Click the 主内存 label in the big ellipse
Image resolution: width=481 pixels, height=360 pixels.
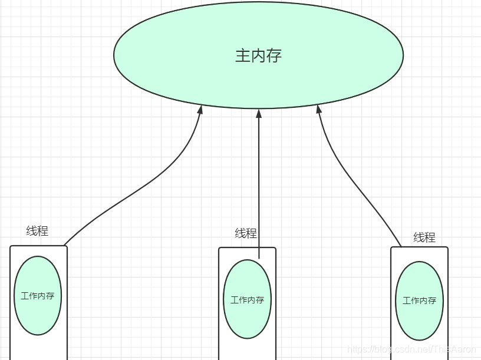[258, 55]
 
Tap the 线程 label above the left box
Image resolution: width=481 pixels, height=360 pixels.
[37, 231]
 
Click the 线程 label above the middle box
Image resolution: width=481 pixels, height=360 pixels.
[246, 233]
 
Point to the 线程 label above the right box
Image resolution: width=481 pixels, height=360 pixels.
[424, 237]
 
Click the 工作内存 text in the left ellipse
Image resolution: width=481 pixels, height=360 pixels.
[38, 296]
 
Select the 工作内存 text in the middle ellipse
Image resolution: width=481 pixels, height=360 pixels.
[248, 300]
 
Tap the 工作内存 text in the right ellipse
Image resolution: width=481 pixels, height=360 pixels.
[419, 300]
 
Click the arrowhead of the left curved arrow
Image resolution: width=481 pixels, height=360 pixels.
[201, 110]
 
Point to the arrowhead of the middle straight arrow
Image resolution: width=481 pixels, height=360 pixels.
[258, 113]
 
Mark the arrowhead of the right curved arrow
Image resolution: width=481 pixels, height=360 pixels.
[319, 110]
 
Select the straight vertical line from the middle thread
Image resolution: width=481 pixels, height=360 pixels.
[258, 189]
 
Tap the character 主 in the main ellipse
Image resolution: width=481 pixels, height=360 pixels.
[242, 55]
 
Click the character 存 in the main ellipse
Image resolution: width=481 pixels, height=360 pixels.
[274, 55]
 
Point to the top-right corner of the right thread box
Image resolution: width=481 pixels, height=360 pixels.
[447, 248]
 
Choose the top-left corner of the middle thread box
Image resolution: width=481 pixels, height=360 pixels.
[220, 248]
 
